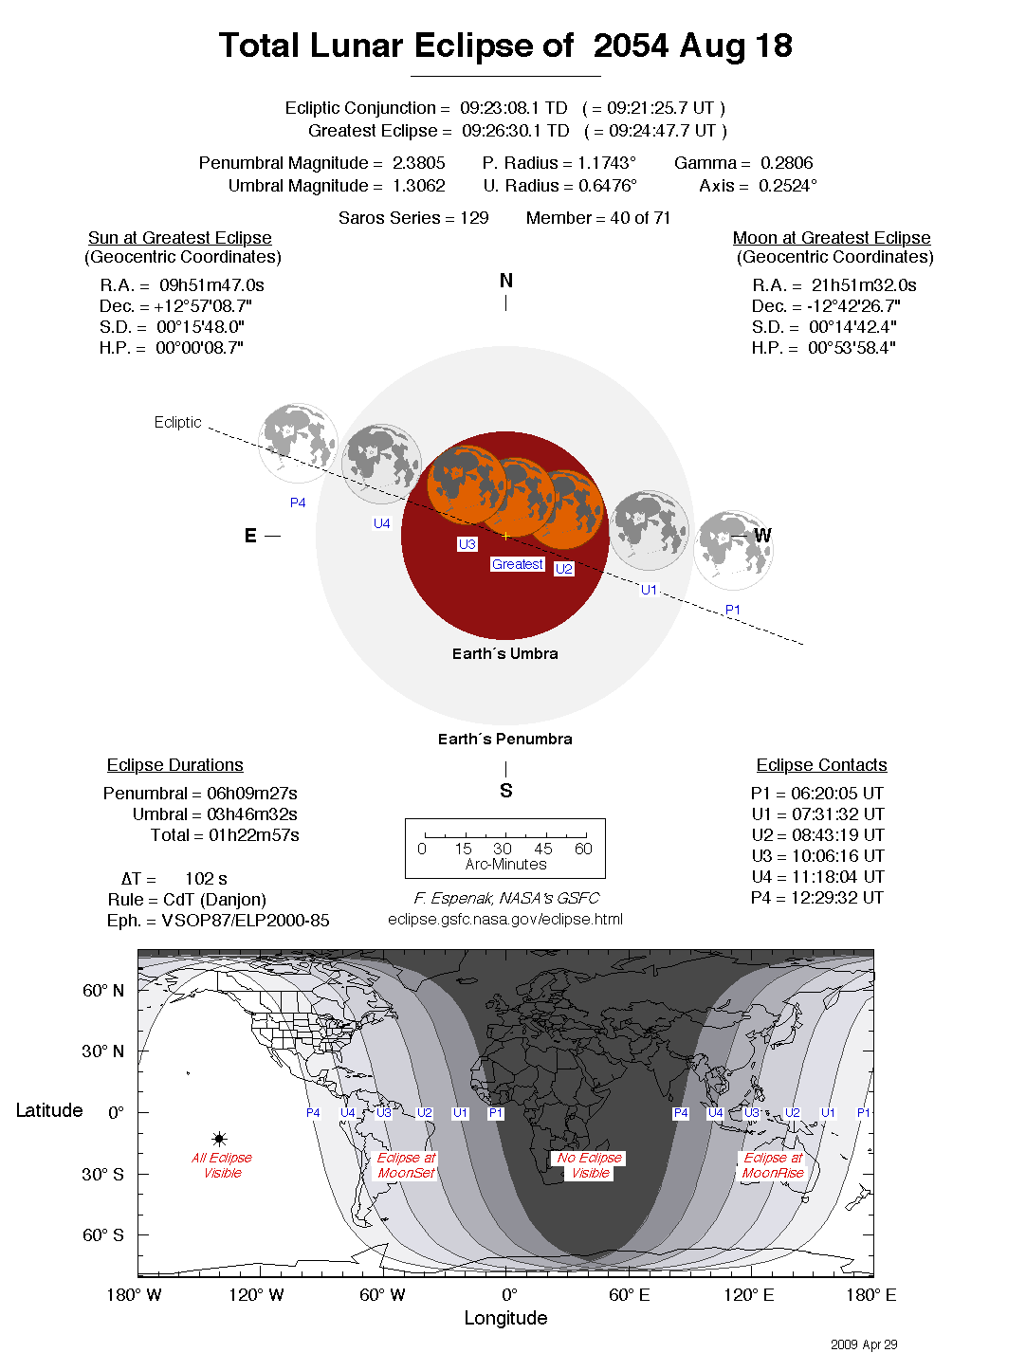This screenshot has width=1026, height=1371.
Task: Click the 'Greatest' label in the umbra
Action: click(517, 564)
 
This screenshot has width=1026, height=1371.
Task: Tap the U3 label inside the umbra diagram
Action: click(467, 544)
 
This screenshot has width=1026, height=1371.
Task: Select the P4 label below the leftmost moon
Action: click(298, 503)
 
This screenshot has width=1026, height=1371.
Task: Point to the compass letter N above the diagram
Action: click(505, 281)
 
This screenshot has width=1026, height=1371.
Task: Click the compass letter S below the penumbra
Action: click(505, 791)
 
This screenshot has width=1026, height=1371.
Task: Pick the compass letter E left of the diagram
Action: click(250, 536)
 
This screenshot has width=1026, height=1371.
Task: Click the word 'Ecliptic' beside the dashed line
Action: click(177, 422)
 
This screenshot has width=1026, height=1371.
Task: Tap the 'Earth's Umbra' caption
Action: click(504, 653)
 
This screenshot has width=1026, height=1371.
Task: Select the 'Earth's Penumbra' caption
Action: click(504, 739)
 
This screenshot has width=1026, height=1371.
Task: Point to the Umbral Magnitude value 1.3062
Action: click(418, 186)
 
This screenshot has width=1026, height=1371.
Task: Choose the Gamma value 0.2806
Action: click(786, 163)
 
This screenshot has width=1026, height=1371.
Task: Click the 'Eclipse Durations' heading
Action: click(174, 765)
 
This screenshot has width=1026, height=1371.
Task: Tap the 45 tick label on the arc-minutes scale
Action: click(542, 849)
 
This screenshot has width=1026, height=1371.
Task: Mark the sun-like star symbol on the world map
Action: click(219, 1139)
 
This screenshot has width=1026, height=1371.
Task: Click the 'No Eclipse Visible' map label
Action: click(590, 1165)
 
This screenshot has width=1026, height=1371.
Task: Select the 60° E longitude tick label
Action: click(629, 1295)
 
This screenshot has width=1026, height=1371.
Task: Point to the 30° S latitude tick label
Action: click(102, 1174)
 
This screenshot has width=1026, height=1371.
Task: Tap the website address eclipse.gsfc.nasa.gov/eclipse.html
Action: click(504, 919)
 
